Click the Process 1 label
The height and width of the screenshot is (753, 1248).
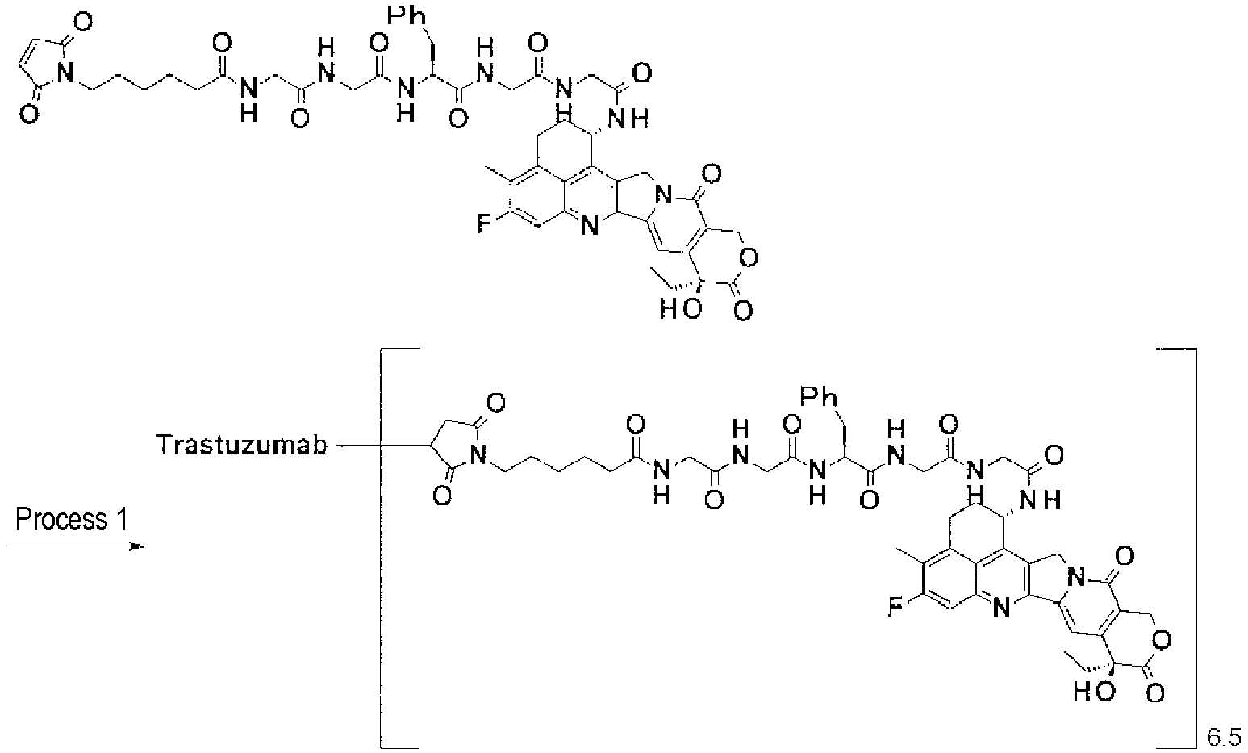(71, 520)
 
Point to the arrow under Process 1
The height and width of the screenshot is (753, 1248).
(77, 546)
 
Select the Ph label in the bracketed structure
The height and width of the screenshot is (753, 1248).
(819, 397)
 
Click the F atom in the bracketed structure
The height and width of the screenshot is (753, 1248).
(895, 607)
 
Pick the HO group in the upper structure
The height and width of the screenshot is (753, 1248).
(680, 308)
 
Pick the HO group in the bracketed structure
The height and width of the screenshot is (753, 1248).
(1094, 691)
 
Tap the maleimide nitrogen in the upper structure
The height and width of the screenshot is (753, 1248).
(66, 73)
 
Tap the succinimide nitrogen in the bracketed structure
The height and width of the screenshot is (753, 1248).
(478, 455)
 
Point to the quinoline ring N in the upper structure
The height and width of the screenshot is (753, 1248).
(589, 226)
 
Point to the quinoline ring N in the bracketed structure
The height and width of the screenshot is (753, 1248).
(1001, 609)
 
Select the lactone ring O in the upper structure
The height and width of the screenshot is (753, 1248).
(749, 257)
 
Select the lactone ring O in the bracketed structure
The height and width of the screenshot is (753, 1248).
(1161, 640)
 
